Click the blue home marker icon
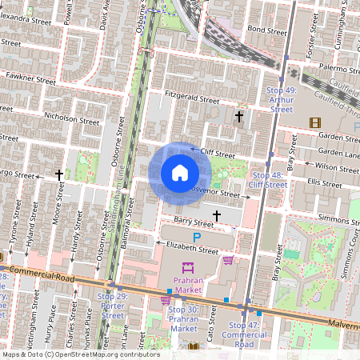coord(180,173)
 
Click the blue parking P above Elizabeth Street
coord(197,238)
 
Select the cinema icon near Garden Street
coord(314,122)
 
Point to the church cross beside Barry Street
coord(217,215)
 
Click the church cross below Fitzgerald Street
coord(238,117)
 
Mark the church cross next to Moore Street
coord(58,174)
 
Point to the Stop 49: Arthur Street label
coord(281,100)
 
